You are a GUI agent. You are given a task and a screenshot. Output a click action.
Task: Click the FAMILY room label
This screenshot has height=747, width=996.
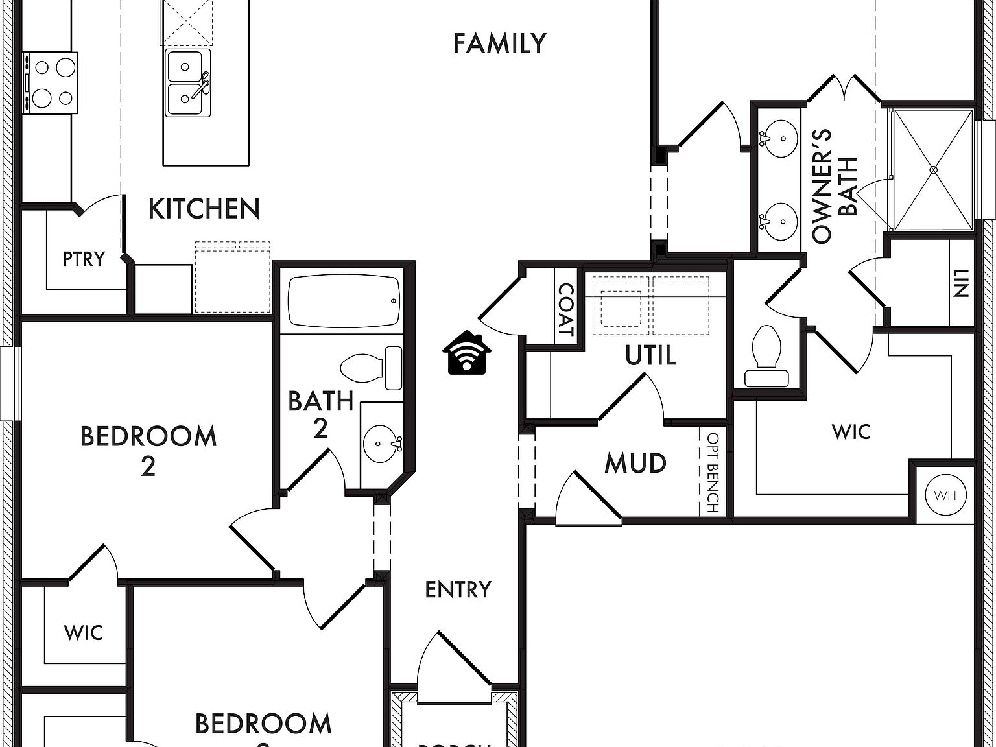499,43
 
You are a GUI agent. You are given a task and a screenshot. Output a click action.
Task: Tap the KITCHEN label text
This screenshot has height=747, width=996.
204,209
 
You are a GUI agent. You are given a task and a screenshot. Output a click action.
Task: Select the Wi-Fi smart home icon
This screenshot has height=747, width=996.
467,353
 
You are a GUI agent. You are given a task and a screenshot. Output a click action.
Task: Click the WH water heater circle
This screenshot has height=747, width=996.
945,496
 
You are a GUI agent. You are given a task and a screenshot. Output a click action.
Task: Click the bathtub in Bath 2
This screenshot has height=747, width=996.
344,302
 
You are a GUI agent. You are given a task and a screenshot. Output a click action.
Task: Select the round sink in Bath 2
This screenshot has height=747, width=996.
381,443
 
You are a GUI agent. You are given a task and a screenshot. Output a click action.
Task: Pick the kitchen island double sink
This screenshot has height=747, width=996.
187,83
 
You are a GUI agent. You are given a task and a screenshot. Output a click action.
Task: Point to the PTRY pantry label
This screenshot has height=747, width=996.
84,259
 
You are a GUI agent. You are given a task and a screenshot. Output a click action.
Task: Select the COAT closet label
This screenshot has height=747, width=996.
566,311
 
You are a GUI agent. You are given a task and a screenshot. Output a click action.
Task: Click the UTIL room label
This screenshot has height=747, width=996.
650,355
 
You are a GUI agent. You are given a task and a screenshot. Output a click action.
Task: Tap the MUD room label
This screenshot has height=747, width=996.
635,464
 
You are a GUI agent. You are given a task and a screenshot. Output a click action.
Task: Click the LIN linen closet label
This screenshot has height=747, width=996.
960,283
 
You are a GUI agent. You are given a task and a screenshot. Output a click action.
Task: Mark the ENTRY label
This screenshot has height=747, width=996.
458,589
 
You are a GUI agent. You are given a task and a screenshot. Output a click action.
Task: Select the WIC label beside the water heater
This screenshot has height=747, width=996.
851,432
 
